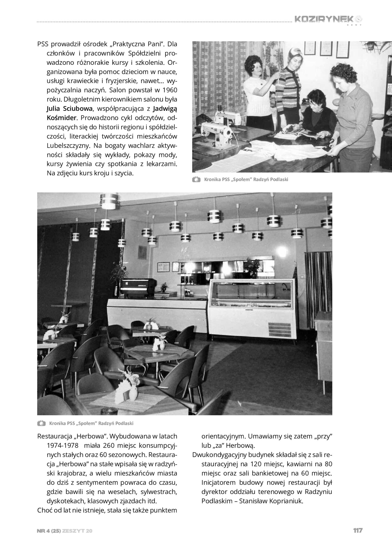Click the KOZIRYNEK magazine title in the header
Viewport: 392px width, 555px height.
[x=324, y=19]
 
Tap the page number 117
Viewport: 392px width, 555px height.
[x=358, y=530]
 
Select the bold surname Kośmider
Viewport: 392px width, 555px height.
[x=61, y=118]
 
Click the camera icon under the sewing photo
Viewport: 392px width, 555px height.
[x=196, y=179]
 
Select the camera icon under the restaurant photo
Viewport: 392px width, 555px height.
[x=41, y=423]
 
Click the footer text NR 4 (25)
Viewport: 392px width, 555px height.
[x=48, y=531]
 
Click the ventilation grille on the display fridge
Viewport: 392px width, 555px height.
[x=279, y=329]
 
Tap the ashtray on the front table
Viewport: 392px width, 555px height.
[x=109, y=411]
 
